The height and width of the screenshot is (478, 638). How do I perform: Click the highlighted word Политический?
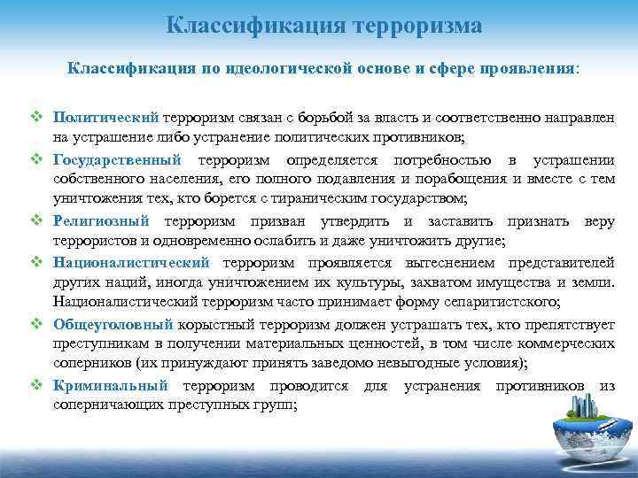[x=105, y=116]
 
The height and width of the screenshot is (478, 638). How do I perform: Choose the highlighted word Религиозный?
[x=102, y=220]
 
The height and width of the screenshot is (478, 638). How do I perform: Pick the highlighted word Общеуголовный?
[x=114, y=324]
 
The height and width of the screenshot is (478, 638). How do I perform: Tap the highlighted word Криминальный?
[x=111, y=386]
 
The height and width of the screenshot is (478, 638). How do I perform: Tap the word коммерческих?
[x=565, y=344]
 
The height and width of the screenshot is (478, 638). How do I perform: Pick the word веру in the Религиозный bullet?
[x=597, y=220]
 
